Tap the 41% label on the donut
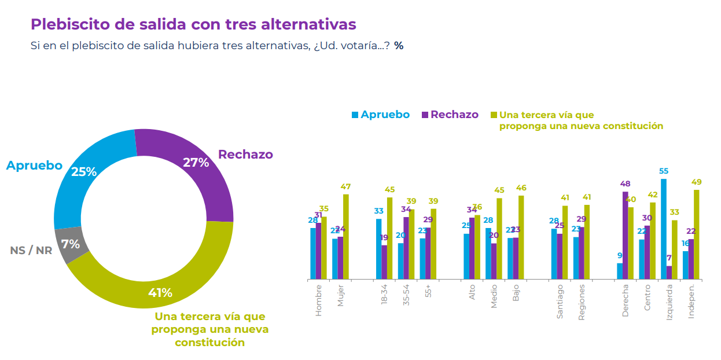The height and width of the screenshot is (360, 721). (160, 293)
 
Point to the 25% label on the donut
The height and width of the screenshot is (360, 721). (84, 172)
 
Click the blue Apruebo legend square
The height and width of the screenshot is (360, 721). (355, 115)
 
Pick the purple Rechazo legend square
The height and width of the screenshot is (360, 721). (425, 115)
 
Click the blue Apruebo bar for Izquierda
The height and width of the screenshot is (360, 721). (663, 229)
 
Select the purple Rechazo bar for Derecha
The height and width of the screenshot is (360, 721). (626, 235)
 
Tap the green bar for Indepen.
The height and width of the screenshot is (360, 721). (697, 234)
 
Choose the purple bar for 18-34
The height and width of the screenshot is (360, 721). (384, 262)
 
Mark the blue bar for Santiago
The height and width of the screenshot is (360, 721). (554, 254)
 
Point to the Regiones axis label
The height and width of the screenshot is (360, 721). (582, 302)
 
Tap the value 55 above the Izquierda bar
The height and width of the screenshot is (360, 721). (664, 171)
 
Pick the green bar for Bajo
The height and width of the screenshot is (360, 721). (521, 237)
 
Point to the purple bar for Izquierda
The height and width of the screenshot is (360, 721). (669, 272)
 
